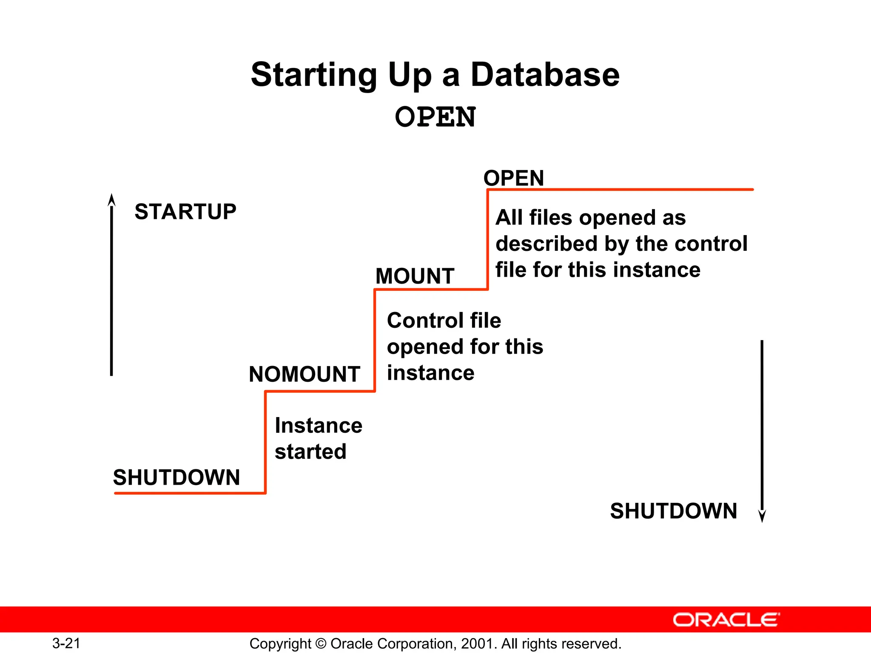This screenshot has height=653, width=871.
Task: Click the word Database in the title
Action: [545, 75]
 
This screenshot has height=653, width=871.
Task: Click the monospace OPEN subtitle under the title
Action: [435, 117]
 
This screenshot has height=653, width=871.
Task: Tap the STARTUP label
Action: [185, 212]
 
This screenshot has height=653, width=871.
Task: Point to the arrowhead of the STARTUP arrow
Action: [111, 200]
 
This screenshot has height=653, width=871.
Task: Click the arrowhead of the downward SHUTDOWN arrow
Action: [762, 516]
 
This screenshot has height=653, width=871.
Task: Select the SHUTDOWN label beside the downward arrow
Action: [673, 511]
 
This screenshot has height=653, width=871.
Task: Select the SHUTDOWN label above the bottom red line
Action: [176, 477]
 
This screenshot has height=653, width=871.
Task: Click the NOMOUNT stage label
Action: [305, 375]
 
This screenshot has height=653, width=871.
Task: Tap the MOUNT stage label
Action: [415, 276]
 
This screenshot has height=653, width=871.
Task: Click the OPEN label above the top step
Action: [514, 178]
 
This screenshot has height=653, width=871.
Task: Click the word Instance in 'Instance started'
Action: [319, 426]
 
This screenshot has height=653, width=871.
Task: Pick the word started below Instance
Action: [310, 451]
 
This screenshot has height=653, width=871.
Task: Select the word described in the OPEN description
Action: [547, 244]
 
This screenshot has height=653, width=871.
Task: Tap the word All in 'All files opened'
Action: [509, 218]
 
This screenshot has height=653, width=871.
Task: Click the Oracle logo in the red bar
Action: [726, 620]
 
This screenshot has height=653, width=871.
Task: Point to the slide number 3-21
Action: [66, 643]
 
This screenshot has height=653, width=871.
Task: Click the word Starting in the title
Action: [314, 75]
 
